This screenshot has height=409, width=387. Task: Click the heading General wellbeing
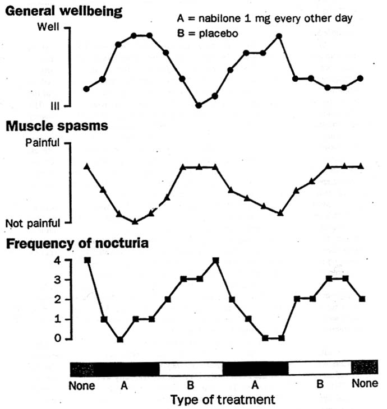[64, 11]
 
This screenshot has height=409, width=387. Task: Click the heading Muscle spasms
[57, 126]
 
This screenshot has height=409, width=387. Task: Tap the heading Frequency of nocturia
[77, 244]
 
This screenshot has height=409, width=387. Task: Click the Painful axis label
[43, 143]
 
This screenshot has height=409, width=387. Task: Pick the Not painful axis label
[33, 224]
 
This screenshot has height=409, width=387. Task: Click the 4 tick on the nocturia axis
[55, 260]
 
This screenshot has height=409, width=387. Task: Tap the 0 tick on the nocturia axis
[55, 338]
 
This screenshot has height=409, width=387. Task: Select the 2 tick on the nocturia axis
[55, 299]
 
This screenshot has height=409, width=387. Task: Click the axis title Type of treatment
[223, 399]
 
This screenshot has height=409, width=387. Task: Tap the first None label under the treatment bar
[82, 386]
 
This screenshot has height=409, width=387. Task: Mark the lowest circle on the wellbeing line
[199, 105]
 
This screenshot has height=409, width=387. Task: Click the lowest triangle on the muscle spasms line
[135, 221]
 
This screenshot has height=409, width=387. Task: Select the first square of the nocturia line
[87, 260]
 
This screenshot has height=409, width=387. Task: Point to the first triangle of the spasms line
[86, 166]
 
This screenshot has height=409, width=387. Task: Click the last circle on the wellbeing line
[360, 78]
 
